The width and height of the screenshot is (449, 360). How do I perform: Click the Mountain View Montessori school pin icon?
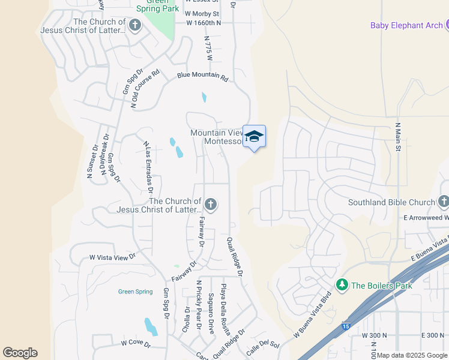click(x=254, y=137)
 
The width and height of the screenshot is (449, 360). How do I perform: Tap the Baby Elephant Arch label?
click(x=407, y=25)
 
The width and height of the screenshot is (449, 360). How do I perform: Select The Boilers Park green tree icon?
click(x=342, y=285)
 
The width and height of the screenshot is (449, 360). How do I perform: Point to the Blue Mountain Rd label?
click(x=202, y=77)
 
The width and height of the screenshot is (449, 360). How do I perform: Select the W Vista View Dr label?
click(x=113, y=257)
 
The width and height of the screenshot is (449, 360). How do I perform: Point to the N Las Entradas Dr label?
click(x=148, y=167)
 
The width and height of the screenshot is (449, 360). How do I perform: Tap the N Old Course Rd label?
click(x=146, y=88)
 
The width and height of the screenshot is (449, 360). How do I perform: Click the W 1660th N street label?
click(x=203, y=23)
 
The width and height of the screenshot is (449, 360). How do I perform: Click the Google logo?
click(x=20, y=353)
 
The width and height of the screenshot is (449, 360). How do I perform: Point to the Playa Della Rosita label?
click(x=226, y=310)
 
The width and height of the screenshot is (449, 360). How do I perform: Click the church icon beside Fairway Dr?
click(x=210, y=205)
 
